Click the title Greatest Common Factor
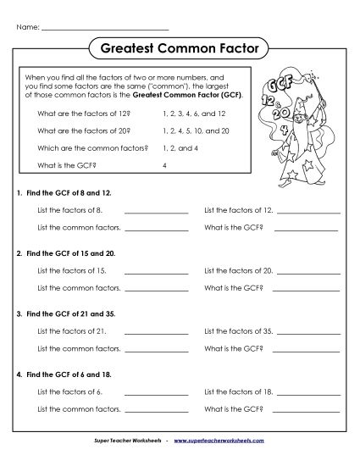coord(180,49)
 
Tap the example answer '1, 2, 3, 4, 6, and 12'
coord(195,111)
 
